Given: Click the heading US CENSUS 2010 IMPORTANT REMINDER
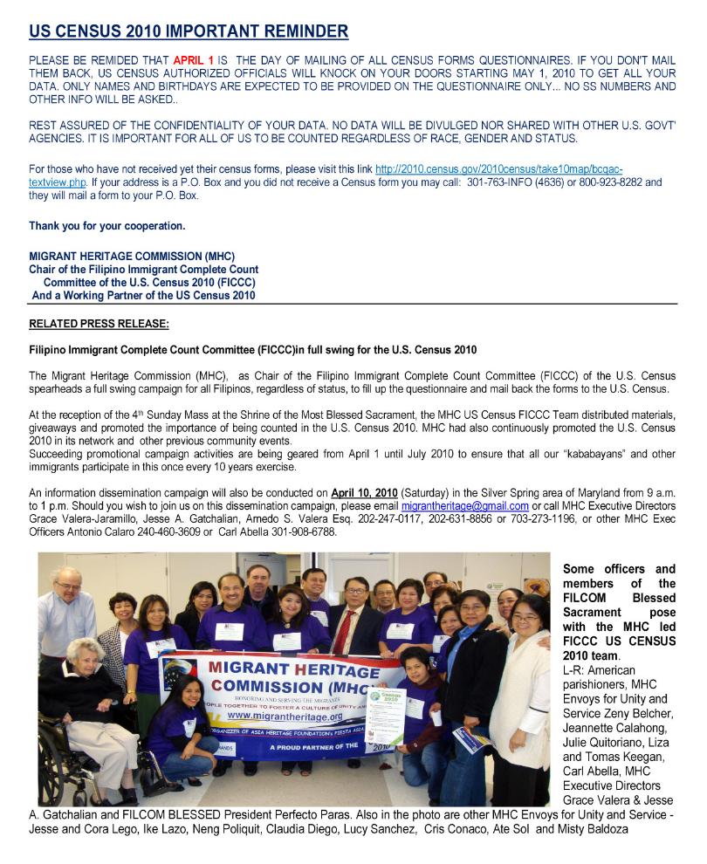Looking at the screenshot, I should tap(189, 32).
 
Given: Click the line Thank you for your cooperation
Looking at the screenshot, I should tap(106, 226).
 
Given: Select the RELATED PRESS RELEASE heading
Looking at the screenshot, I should tap(99, 324).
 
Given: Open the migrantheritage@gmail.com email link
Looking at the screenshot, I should tap(464, 506).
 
